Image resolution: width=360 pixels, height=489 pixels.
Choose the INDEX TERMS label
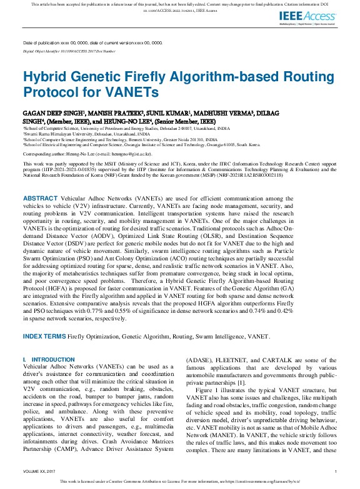tap(44, 336)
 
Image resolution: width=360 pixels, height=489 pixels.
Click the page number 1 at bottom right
tap(336, 472)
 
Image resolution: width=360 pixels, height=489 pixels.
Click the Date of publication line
tap(92, 42)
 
